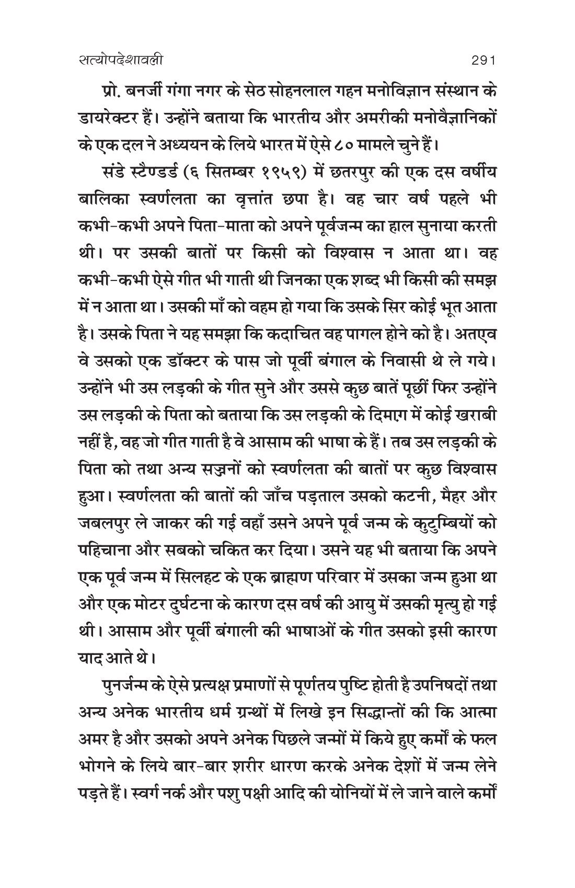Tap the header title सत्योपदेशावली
click(119, 61)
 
